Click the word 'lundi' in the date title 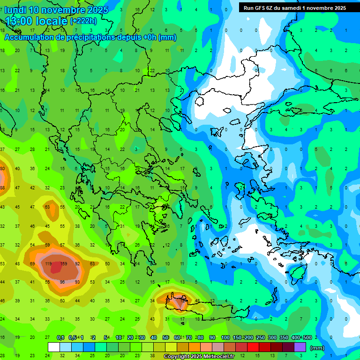point(15,10)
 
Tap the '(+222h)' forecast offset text point(83,21)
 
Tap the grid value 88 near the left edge point(2,187)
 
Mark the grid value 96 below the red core point(62,282)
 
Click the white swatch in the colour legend point(54,347)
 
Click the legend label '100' point(225,337)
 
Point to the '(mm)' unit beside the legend point(317,348)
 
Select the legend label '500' point(307,337)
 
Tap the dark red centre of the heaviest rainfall point(56,267)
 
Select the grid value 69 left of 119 point(32,264)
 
